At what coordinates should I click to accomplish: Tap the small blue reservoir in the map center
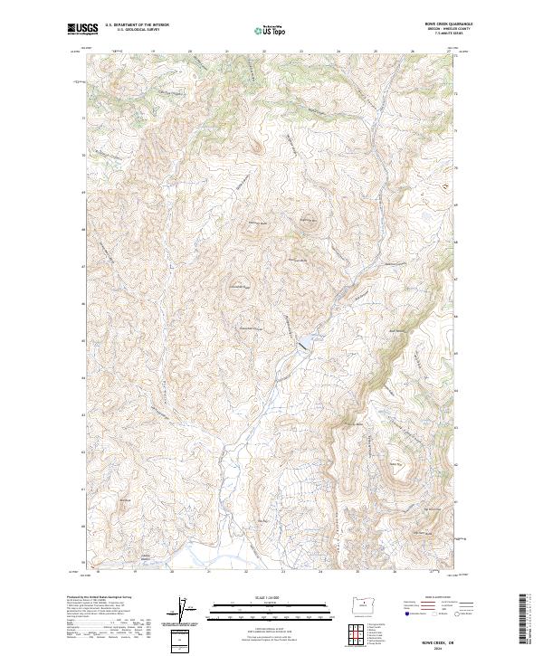click(306, 341)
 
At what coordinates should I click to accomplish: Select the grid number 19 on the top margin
click(153, 52)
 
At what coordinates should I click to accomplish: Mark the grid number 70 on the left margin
click(85, 156)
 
